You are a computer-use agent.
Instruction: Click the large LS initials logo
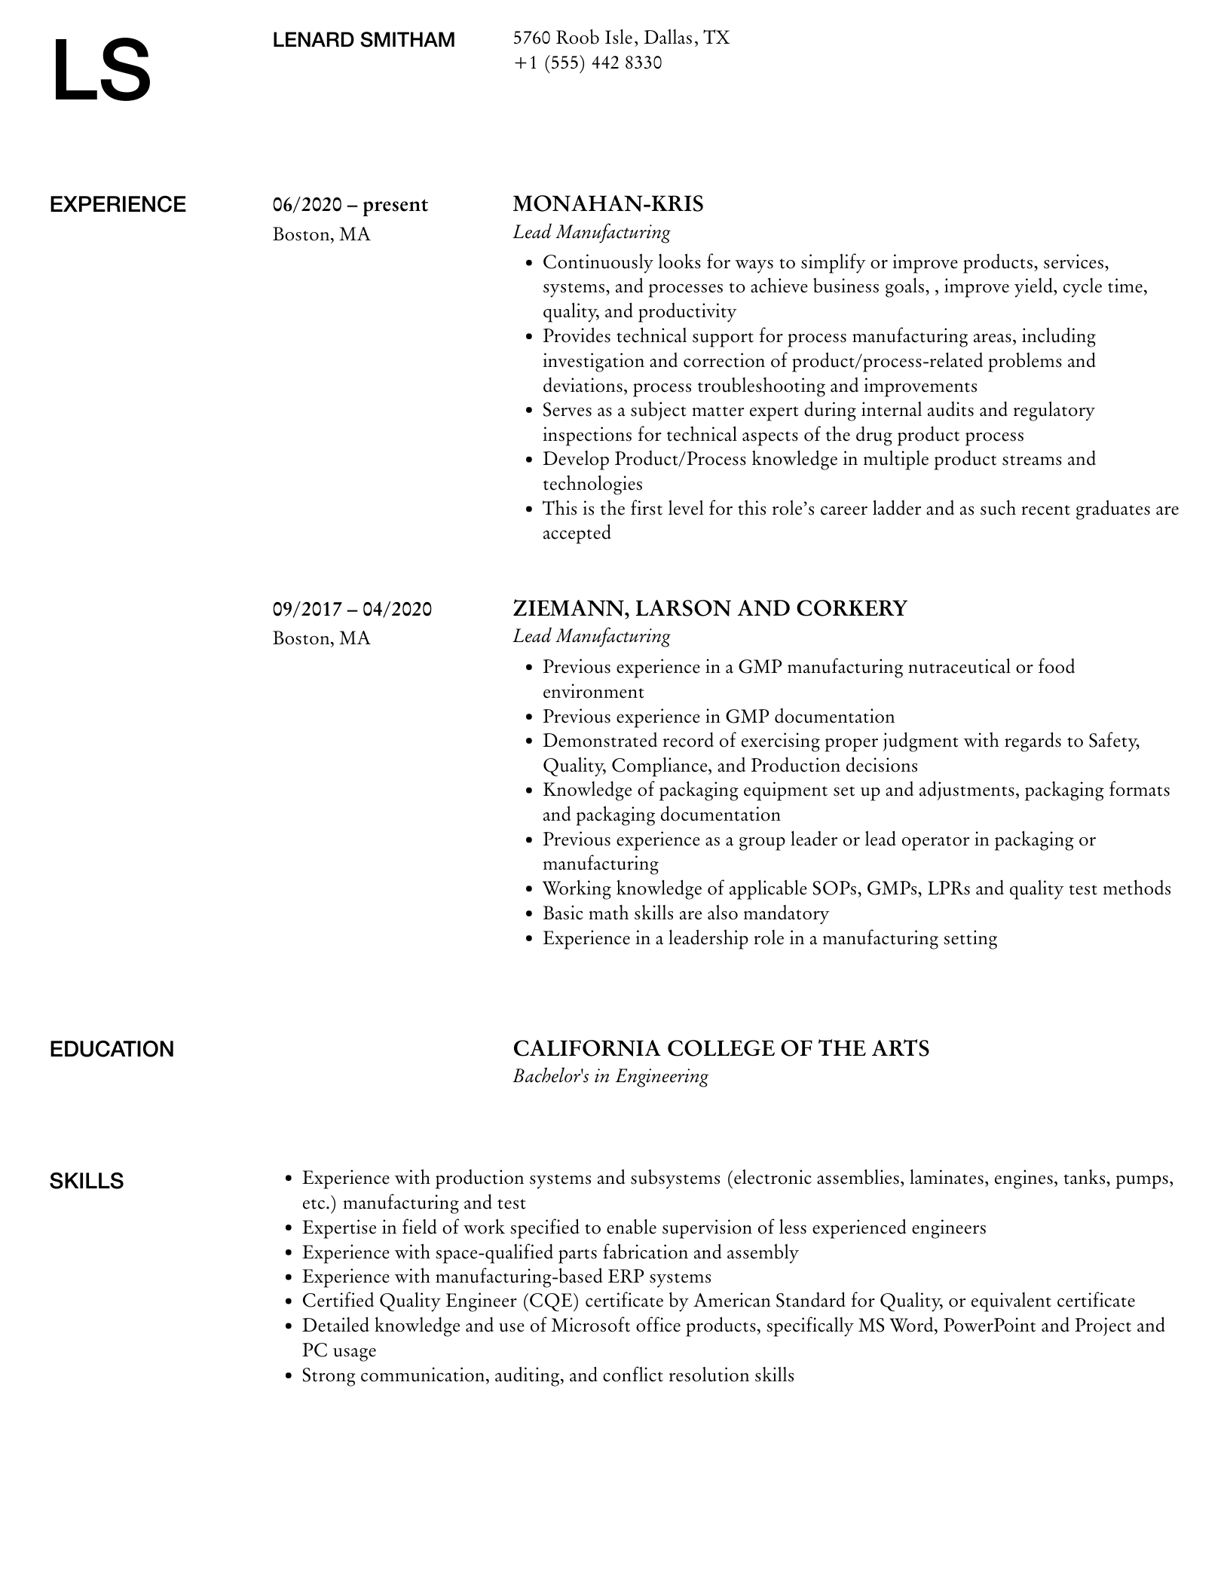point(102,71)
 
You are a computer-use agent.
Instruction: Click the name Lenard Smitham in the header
point(363,40)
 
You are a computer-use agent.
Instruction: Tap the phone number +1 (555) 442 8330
point(587,63)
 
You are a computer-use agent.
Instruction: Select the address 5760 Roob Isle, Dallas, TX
point(621,38)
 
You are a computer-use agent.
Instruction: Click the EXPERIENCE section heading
point(118,204)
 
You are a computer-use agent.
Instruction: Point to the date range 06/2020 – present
point(350,205)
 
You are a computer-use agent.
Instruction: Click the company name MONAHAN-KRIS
point(607,203)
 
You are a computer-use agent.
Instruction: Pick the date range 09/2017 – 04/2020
point(352,609)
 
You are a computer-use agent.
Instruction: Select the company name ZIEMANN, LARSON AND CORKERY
point(709,608)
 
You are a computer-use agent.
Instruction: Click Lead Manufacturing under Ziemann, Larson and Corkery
point(591,636)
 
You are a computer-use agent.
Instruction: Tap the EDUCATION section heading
point(112,1049)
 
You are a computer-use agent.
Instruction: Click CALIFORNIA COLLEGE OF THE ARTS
point(721,1048)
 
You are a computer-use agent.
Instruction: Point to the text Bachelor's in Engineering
point(610,1076)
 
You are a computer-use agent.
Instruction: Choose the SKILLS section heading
point(87,1181)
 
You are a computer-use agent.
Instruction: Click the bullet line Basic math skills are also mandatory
point(685,913)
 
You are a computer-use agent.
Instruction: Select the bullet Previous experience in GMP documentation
point(718,717)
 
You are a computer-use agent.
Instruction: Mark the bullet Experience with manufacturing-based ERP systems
point(506,1277)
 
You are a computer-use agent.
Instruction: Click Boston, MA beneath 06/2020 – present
point(321,234)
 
